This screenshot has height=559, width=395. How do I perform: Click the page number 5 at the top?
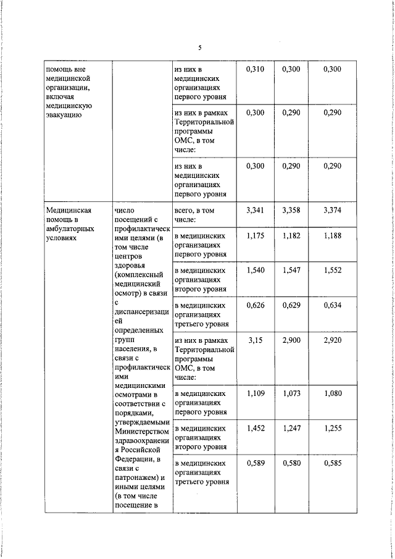point(199,48)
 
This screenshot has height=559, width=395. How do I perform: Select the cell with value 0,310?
point(255,69)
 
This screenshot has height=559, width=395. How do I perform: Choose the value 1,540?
point(255,271)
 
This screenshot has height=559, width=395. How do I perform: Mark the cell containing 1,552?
point(332,271)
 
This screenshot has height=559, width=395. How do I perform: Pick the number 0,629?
point(291,305)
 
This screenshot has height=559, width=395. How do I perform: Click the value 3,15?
point(255,340)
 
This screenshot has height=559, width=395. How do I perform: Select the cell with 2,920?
point(332,340)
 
